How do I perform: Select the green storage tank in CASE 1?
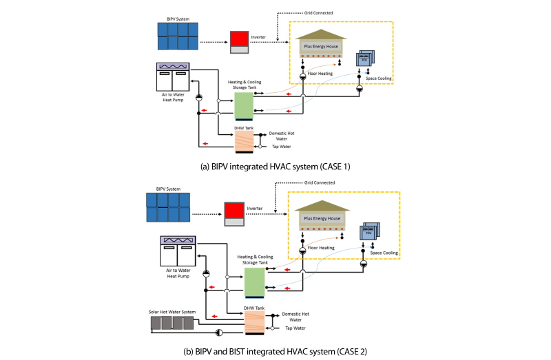244,105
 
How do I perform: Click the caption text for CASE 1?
275,167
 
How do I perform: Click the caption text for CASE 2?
275,351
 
